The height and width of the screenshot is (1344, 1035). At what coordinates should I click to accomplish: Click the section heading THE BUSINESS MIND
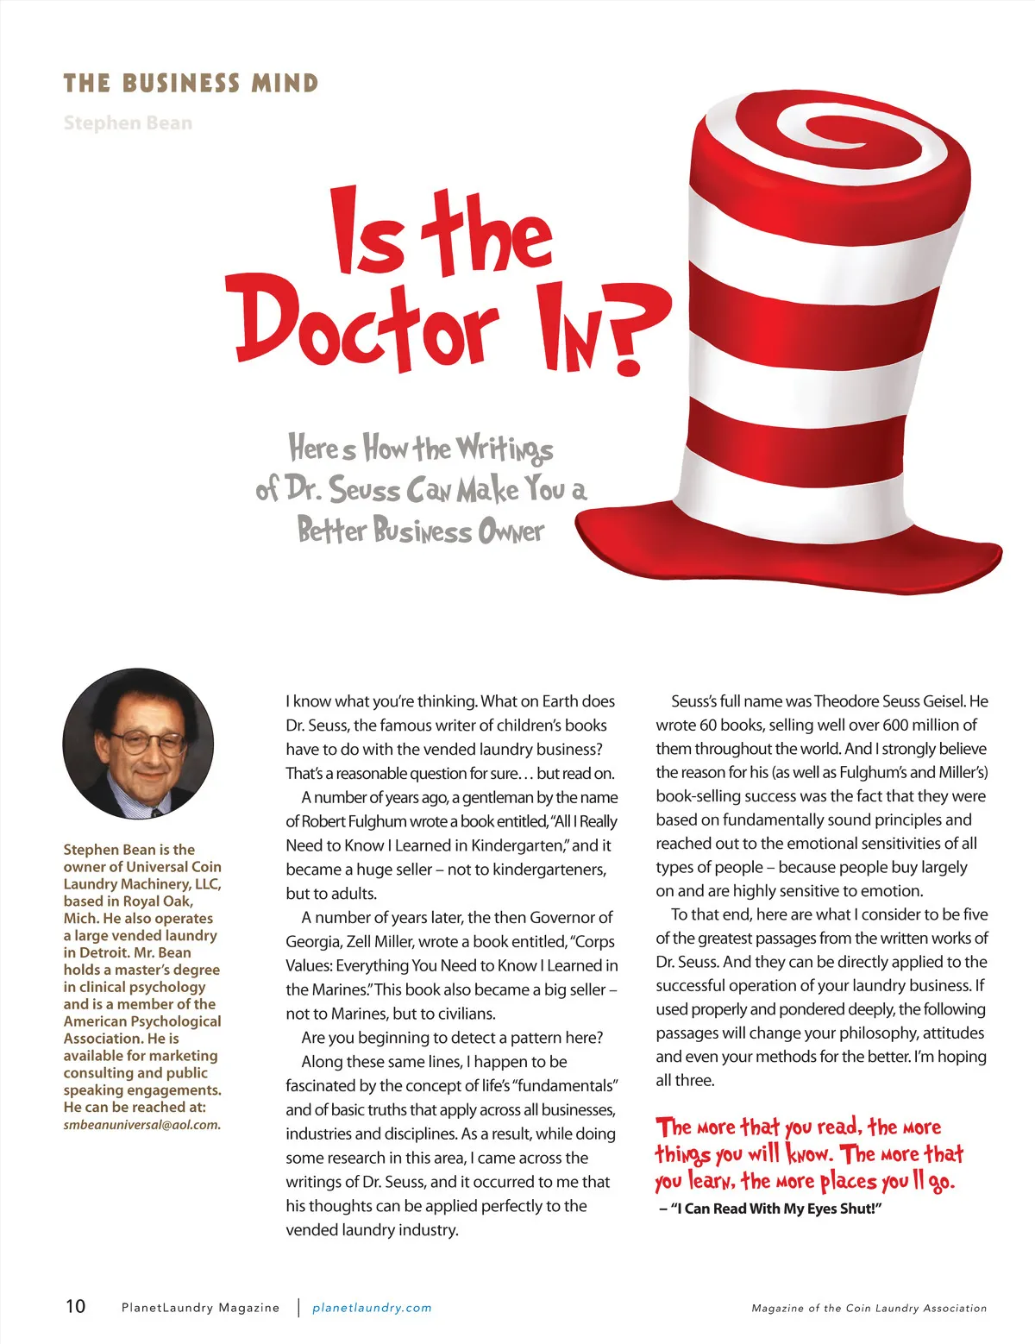(191, 84)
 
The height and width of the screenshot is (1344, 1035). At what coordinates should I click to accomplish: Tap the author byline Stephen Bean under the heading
(128, 123)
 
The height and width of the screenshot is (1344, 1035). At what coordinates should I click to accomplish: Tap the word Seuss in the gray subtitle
(365, 490)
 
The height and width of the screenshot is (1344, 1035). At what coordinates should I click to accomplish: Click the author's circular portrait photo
(138, 744)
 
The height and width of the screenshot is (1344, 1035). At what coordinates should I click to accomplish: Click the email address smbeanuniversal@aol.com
(141, 1125)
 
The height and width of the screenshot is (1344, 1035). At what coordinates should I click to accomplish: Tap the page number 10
(76, 1306)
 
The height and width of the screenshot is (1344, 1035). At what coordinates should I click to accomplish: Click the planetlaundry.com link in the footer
(372, 1308)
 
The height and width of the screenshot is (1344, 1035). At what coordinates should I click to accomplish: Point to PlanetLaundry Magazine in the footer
(200, 1308)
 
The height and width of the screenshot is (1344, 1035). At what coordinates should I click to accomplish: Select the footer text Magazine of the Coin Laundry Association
(869, 1309)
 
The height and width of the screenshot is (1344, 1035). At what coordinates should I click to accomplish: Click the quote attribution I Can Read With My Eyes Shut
(770, 1209)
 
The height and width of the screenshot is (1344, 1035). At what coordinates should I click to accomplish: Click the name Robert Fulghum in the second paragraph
(353, 821)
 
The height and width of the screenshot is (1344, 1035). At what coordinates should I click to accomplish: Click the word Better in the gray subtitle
(332, 530)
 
